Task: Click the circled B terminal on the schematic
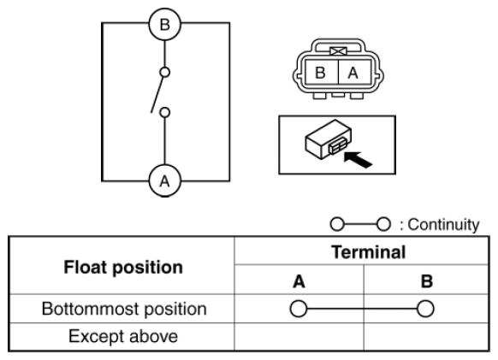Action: [x=165, y=25]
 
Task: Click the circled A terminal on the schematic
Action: [x=165, y=180]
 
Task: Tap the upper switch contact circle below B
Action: [x=164, y=73]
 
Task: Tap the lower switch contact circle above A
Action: [x=164, y=112]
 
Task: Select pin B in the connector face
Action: [x=321, y=73]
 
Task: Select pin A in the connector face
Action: [x=354, y=73]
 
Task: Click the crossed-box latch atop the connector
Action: [x=338, y=51]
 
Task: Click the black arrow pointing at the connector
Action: [x=359, y=160]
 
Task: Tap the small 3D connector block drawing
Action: [x=328, y=139]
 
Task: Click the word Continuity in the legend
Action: [x=443, y=225]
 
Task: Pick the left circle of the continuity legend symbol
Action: [x=337, y=224]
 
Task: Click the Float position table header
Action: [x=123, y=268]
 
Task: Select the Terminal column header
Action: [x=369, y=252]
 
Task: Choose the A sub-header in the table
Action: [x=299, y=281]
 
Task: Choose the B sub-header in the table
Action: [x=426, y=281]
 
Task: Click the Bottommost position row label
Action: [x=124, y=309]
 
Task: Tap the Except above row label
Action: [x=123, y=337]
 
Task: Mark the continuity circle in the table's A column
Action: [x=299, y=309]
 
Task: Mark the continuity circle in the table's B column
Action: [x=425, y=309]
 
